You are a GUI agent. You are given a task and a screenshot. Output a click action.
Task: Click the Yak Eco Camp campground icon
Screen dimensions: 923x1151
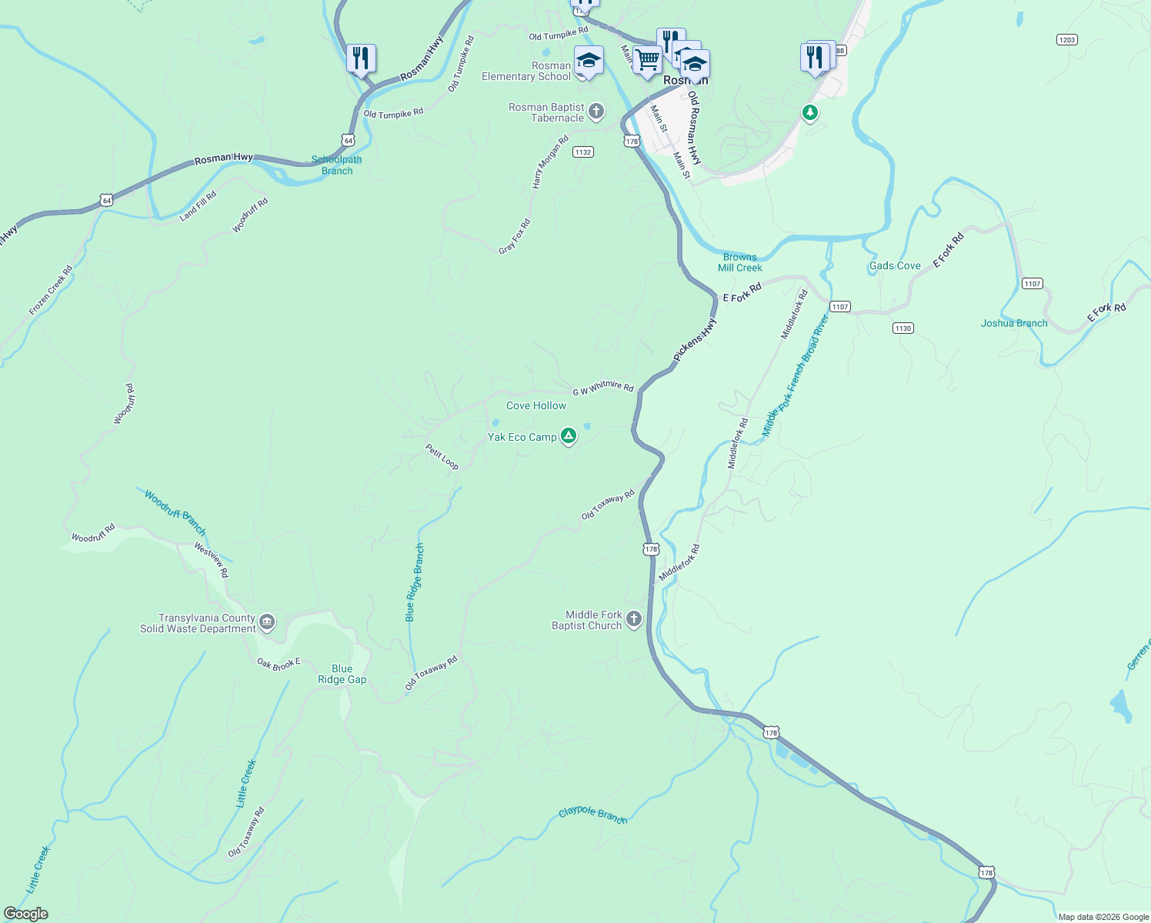(x=568, y=437)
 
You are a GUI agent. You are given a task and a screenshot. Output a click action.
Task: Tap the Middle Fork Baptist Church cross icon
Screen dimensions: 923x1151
(x=634, y=619)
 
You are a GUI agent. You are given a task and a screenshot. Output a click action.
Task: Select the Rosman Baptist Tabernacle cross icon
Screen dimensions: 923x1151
(x=596, y=112)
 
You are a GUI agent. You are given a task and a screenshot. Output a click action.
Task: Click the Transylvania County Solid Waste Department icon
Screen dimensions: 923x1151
(x=267, y=622)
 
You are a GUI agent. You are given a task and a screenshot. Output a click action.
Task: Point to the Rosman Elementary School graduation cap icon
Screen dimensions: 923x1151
(x=589, y=61)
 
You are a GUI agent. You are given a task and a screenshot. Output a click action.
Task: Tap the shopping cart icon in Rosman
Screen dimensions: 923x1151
(x=648, y=59)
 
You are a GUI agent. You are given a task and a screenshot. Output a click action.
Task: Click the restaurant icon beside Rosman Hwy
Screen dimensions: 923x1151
(x=360, y=58)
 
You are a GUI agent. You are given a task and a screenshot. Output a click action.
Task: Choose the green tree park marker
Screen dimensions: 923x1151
(x=809, y=113)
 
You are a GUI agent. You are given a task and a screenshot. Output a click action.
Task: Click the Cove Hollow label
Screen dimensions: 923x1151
(x=536, y=405)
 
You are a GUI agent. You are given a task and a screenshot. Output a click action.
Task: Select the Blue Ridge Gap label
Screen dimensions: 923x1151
(x=342, y=674)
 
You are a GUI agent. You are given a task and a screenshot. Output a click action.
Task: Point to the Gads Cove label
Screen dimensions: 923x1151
(x=895, y=265)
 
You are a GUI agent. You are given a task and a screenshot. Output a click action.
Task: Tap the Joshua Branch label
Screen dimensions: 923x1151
(x=1014, y=323)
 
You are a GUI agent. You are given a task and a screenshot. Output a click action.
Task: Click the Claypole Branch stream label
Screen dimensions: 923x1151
(x=593, y=815)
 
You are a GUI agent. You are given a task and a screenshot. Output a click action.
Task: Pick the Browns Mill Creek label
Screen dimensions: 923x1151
(x=740, y=262)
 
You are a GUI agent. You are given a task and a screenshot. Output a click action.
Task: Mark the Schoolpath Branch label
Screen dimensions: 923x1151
(x=337, y=165)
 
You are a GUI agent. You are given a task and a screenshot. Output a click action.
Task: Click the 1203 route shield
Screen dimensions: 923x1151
(x=1066, y=39)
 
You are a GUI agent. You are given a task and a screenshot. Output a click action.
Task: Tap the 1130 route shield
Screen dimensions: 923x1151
(x=902, y=328)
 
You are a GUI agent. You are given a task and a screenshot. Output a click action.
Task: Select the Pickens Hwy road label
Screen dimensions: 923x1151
(x=695, y=339)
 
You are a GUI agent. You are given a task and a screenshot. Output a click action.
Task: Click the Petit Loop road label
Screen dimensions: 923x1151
(x=442, y=456)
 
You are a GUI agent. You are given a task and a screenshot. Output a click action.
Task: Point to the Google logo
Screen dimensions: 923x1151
(x=26, y=914)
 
